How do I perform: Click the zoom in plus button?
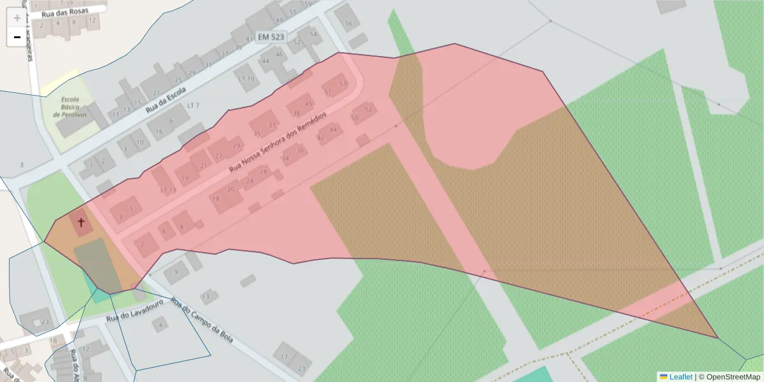click(17, 18)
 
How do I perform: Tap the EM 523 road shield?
click(271, 37)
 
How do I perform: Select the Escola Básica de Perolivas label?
click(70, 107)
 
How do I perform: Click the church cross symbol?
click(81, 222)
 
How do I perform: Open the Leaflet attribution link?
click(681, 376)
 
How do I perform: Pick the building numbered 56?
click(348, 24)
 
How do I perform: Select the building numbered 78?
click(216, 199)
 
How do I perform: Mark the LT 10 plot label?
click(246, 79)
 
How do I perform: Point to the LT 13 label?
click(168, 190)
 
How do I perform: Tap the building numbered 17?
click(285, 357)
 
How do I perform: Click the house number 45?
click(309, 103)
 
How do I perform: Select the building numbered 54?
click(313, 34)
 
